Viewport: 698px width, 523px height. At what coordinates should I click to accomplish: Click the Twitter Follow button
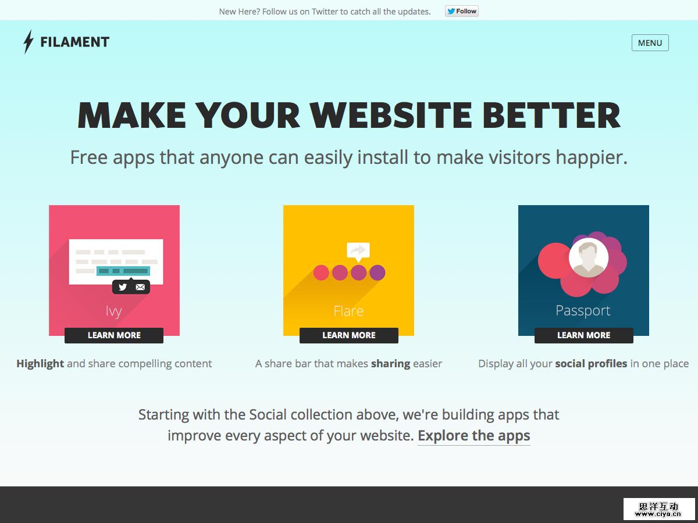(462, 11)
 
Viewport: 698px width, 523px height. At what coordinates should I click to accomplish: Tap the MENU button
(650, 42)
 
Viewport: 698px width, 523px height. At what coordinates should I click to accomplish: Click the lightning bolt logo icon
(29, 42)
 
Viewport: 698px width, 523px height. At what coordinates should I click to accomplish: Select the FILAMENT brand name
(74, 42)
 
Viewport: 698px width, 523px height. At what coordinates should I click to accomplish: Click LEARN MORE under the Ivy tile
(114, 335)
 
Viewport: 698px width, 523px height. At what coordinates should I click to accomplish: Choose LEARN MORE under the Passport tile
(584, 335)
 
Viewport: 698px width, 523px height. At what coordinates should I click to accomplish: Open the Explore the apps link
(474, 436)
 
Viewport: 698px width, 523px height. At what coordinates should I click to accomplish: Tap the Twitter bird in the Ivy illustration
(123, 287)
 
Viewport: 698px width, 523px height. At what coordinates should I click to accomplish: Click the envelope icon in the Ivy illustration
(140, 287)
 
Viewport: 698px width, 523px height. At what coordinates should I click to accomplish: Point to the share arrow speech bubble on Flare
(358, 252)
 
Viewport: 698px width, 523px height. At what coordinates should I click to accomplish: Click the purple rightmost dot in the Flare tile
(378, 273)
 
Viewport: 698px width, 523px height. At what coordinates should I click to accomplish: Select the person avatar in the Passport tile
(589, 257)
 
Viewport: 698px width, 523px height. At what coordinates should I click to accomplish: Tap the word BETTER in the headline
(551, 115)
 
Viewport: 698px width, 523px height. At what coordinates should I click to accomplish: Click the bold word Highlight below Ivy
(40, 364)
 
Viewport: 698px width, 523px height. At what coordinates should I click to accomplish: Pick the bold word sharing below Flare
(390, 364)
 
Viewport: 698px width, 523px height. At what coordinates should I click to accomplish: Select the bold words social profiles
(591, 364)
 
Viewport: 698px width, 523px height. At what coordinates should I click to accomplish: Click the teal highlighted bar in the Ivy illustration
(123, 271)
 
